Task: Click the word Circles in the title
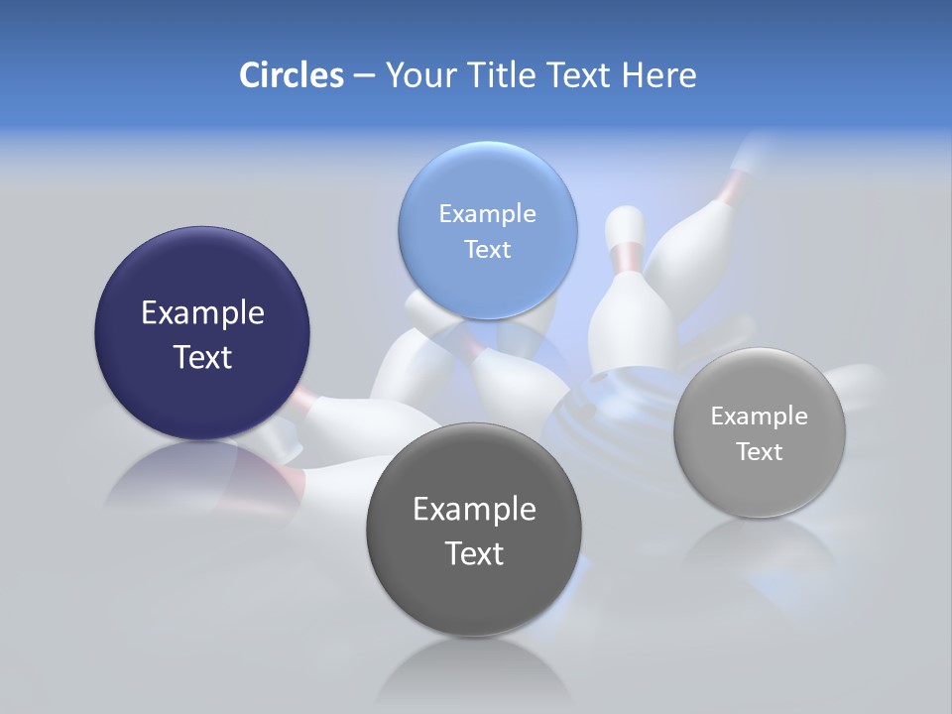(291, 75)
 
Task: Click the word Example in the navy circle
(202, 313)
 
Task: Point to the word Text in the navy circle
(202, 357)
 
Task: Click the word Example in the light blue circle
(487, 214)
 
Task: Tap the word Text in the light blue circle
(487, 249)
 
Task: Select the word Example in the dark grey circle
(474, 510)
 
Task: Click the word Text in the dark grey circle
(474, 553)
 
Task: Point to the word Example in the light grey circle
(759, 416)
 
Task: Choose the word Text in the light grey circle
(759, 452)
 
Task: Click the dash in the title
(363, 76)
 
